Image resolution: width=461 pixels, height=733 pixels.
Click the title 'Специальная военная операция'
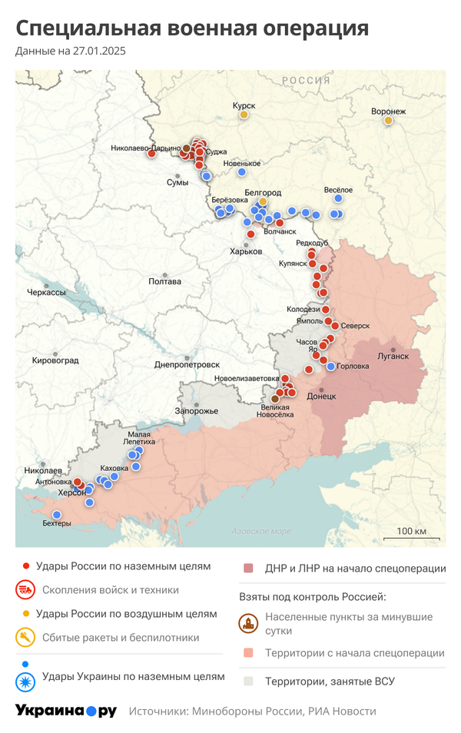(192, 28)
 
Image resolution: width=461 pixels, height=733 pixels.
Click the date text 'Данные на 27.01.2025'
(70, 51)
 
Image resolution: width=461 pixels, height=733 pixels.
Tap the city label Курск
(244, 104)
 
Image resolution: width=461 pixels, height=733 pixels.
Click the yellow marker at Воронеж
(388, 121)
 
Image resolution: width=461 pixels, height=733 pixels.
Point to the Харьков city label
(246, 251)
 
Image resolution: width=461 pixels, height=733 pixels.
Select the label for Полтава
(164, 281)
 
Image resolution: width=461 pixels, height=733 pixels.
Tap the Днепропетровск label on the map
(187, 364)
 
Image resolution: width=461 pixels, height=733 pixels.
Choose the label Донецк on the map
(321, 396)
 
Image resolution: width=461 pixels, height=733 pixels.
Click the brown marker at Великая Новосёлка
(275, 398)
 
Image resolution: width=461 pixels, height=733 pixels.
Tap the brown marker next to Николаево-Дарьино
(186, 148)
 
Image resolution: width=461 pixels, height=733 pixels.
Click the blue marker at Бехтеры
(56, 515)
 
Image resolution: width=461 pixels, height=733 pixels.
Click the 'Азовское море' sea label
(261, 531)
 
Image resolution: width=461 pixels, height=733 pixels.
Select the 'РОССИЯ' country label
(305, 81)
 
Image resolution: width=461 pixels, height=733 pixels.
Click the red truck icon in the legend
(25, 590)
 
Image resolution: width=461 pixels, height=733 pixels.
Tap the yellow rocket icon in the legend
(25, 637)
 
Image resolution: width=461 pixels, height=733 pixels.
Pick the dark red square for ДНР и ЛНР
(248, 569)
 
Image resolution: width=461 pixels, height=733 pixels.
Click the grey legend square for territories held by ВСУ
(248, 681)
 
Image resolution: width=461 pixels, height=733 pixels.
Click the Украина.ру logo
(66, 711)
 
